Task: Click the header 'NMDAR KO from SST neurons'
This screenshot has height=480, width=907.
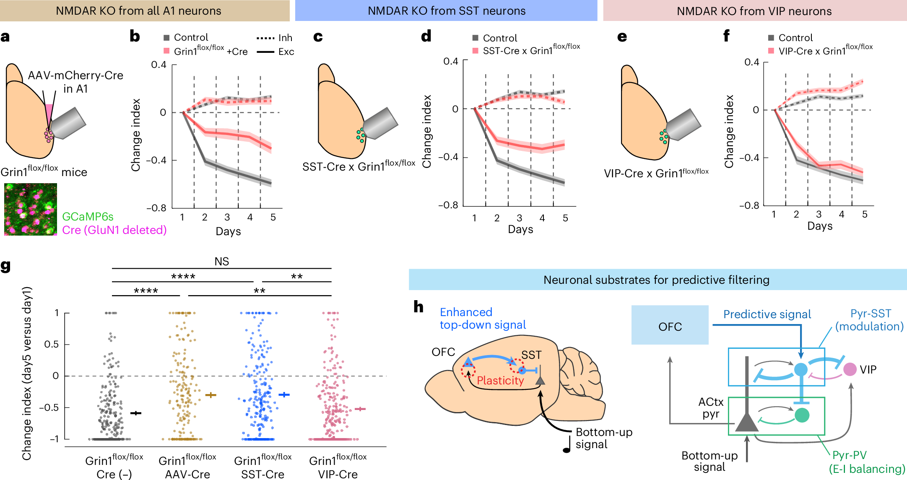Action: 446,11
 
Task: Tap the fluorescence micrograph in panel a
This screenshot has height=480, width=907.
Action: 31,209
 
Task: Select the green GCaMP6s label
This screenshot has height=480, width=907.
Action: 88,217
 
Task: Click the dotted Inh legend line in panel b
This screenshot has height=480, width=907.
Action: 265,38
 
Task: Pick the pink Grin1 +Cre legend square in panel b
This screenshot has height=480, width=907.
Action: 166,51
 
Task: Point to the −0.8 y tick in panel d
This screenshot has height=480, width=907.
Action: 448,205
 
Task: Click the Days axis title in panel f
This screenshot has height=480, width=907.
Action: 820,226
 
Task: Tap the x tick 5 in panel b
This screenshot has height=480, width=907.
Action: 273,217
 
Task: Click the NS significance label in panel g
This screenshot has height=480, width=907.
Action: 221,262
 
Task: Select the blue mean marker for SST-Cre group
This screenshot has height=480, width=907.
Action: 284,394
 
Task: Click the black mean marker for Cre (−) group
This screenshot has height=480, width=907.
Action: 136,413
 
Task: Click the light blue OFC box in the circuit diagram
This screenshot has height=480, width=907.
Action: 670,325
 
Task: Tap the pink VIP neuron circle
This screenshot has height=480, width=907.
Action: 850,369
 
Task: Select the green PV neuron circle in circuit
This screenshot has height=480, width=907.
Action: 802,415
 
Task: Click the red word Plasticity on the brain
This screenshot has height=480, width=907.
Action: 500,381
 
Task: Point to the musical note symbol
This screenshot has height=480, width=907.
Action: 567,444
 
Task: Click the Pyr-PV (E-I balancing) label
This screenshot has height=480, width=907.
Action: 866,462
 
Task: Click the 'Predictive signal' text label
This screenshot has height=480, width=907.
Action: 767,314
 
